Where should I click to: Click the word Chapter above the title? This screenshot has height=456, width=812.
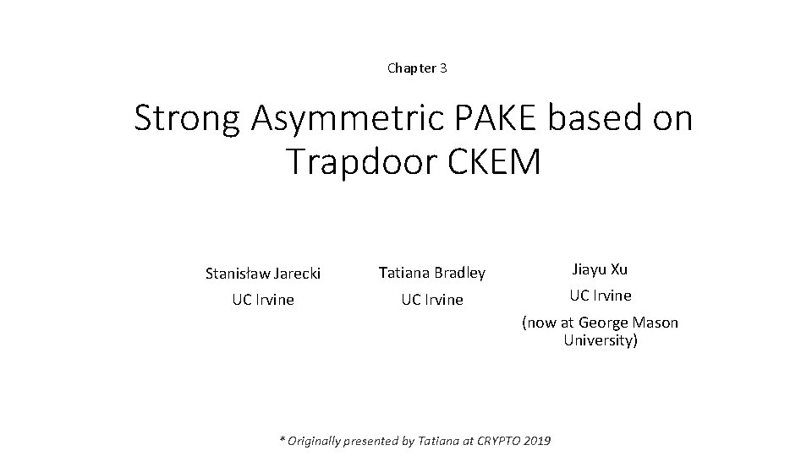tap(411, 68)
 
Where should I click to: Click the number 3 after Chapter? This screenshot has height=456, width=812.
tap(443, 68)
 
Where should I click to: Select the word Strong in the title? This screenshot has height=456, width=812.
tap(186, 119)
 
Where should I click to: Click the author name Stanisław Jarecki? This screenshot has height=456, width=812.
tap(263, 273)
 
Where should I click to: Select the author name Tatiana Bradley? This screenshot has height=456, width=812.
tap(431, 273)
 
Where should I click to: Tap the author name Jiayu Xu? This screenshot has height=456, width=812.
tap(600, 269)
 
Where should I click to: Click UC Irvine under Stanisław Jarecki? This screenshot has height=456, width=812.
tap(263, 300)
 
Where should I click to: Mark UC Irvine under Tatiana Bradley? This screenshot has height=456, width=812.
tap(431, 300)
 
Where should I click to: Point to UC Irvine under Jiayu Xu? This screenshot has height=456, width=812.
tap(600, 296)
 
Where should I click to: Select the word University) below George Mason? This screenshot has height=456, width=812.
tap(601, 341)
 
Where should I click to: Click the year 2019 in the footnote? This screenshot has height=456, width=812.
tap(537, 441)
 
